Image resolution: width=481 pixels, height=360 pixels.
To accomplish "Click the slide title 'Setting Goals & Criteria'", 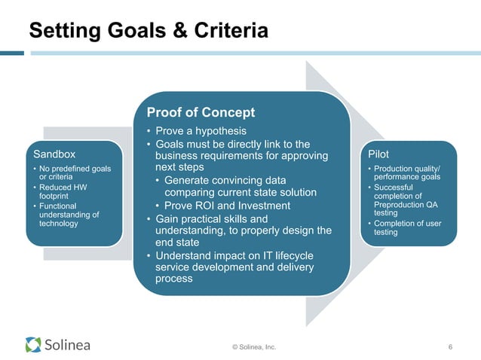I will (x=148, y=31).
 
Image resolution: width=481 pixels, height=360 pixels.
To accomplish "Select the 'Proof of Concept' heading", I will (x=200, y=112).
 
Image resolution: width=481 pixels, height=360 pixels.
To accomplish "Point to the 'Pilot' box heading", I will (x=379, y=154).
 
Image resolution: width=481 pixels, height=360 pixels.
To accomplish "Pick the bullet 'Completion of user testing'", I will (x=411, y=227).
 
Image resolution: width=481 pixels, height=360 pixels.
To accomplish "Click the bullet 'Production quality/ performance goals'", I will (x=412, y=172).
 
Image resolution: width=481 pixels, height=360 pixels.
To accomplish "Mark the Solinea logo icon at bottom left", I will (x=33, y=345).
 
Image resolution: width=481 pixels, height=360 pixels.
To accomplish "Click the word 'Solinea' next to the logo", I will (x=67, y=345).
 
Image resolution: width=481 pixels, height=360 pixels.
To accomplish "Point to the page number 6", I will (x=449, y=346).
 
